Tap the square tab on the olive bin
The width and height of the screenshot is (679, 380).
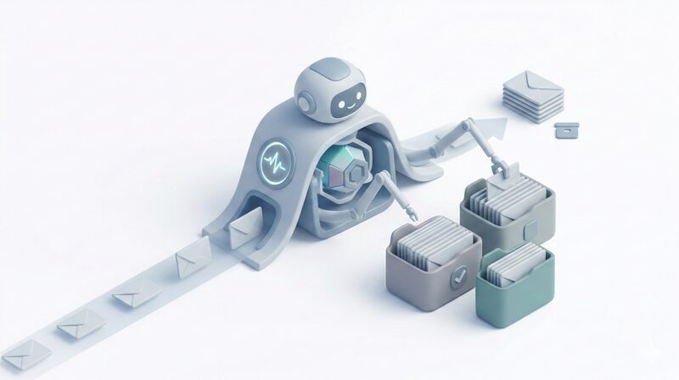pos(531,230)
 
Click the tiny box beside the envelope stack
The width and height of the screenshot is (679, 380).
pos(566,129)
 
